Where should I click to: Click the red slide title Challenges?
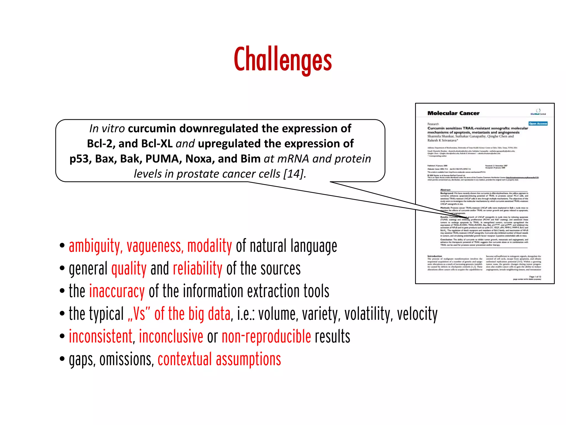point(283,59)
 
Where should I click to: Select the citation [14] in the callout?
point(294,174)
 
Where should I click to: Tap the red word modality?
point(209,246)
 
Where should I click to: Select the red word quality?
point(129,269)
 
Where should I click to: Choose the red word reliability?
point(197,269)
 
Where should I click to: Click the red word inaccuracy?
point(117,291)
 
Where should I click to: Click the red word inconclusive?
point(171,337)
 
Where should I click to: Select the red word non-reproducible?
point(266,337)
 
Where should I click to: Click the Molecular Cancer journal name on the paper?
point(453,113)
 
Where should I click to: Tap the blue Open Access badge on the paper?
point(538,124)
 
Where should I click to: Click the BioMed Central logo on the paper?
point(538,112)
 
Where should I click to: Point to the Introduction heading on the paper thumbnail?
point(434,256)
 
